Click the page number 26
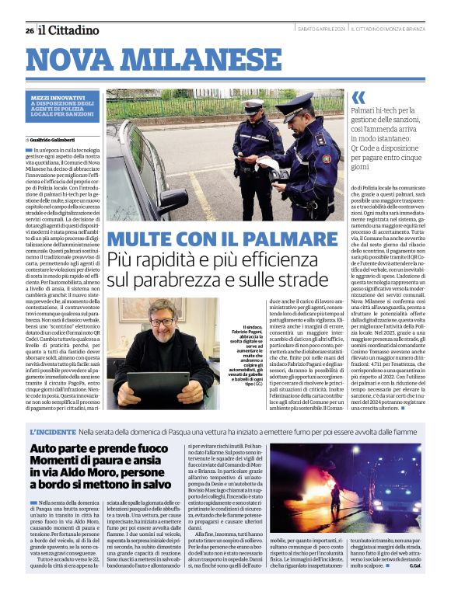30,30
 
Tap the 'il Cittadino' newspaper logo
70,30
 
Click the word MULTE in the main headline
143,239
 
